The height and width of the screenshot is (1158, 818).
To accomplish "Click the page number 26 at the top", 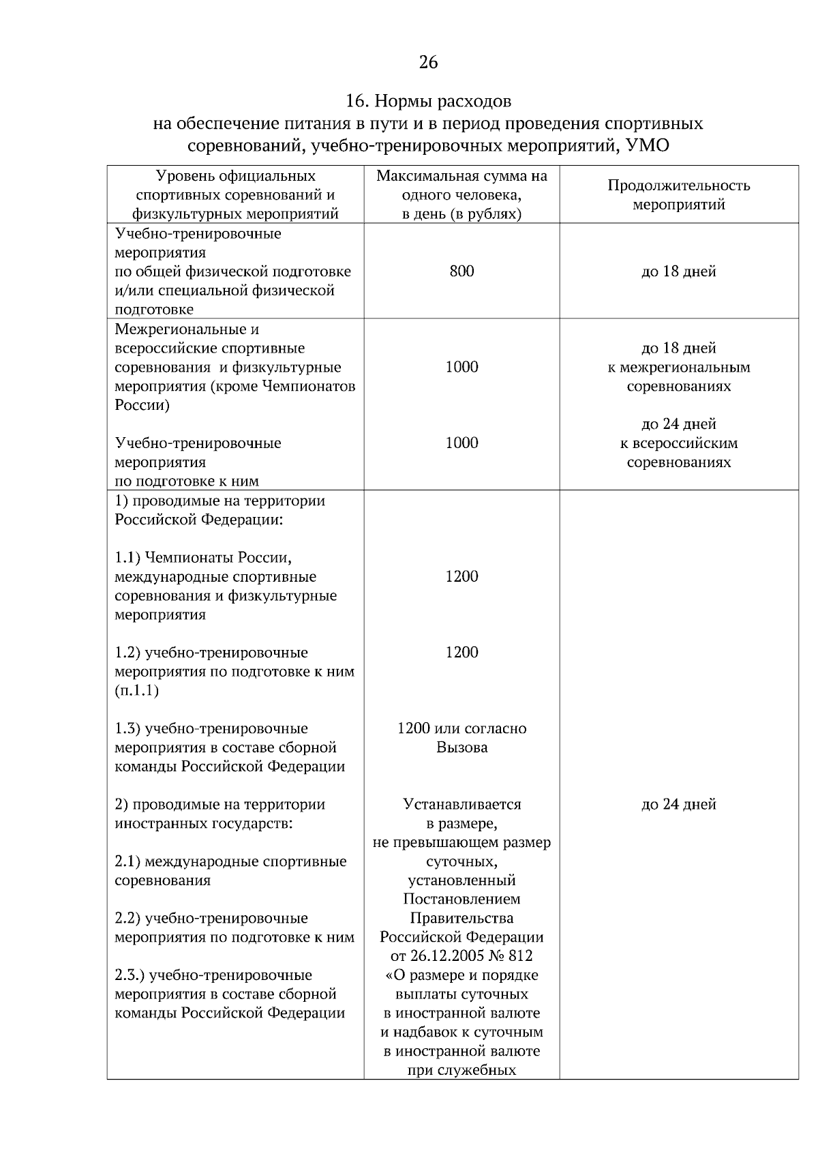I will click(428, 63).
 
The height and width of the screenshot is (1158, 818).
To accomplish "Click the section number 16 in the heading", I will click(354, 102).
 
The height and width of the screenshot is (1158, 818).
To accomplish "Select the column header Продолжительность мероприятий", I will click(678, 195).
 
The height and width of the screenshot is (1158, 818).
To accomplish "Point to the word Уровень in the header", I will click(181, 177).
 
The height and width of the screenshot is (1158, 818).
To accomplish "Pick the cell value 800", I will click(461, 271).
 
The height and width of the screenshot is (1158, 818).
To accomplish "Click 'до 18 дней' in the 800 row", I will click(678, 271).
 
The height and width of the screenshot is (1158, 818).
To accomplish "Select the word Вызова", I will click(461, 747).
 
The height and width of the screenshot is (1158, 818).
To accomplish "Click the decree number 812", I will click(520, 956).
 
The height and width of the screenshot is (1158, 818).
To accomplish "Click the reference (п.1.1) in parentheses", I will click(137, 691).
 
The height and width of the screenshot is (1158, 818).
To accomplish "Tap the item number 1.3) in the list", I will click(127, 728).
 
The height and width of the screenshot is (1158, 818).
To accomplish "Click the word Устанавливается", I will click(461, 805).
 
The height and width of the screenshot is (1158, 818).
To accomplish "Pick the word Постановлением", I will click(461, 900).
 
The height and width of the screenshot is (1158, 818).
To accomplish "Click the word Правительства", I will click(461, 919).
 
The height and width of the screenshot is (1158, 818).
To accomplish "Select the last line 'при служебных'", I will click(461, 1070).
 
